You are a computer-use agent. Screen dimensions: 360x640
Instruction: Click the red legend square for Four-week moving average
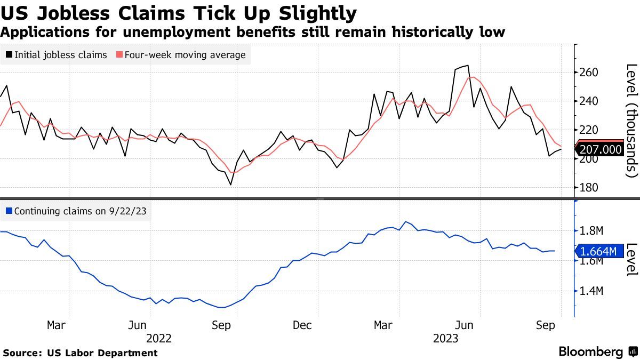coord(119,55)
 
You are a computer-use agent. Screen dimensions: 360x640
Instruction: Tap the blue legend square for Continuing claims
coord(9,211)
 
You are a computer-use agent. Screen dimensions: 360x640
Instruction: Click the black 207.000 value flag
coord(599,151)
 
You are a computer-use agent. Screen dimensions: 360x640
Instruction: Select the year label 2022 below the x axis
coord(159,338)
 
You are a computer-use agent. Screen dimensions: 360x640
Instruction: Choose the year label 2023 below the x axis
coord(445,338)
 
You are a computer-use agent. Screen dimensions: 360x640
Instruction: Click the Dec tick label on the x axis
coord(302,325)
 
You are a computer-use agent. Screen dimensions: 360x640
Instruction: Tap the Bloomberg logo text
coord(590,352)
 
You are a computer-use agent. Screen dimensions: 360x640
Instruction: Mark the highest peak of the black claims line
coord(468,66)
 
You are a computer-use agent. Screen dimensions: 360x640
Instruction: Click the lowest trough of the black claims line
coord(230,185)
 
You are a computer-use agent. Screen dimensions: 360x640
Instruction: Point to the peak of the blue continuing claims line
coord(406,221)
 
